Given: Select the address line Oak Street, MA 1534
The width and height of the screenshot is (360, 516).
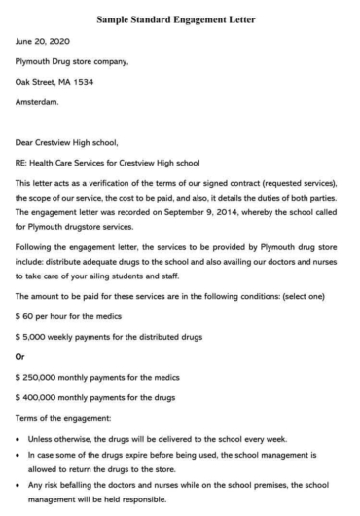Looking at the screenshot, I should (54, 81).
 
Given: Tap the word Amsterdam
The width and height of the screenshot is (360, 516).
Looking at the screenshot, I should (37, 100).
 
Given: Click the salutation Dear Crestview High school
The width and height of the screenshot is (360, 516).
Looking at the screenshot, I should (66, 141).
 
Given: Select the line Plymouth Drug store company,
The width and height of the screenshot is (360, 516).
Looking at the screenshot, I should (71, 60).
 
